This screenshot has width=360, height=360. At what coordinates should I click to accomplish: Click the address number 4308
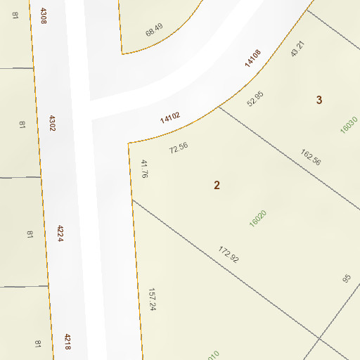[44, 15]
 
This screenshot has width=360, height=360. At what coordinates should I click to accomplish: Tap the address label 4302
[51, 124]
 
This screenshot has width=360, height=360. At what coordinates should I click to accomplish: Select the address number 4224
[60, 233]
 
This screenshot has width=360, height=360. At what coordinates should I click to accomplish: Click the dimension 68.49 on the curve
[154, 31]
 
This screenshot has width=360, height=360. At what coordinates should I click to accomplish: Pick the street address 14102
[170, 117]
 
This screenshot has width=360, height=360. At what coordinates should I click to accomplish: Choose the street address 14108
[253, 58]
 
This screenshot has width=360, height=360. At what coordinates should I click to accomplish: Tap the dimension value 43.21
[297, 49]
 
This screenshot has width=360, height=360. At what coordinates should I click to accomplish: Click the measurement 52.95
[255, 99]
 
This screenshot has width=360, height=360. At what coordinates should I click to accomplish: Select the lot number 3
[319, 100]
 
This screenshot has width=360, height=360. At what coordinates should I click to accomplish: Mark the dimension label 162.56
[310, 157]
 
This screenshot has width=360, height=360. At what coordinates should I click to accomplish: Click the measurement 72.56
[179, 148]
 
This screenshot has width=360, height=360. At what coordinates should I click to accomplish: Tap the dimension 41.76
[145, 169]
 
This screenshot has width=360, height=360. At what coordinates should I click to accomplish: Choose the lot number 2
[217, 185]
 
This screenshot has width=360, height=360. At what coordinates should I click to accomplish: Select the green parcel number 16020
[258, 218]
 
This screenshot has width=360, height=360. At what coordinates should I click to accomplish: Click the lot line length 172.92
[229, 255]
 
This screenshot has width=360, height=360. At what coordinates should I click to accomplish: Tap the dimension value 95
[346, 278]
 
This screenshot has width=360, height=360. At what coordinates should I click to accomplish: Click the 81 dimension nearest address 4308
[15, 15]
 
